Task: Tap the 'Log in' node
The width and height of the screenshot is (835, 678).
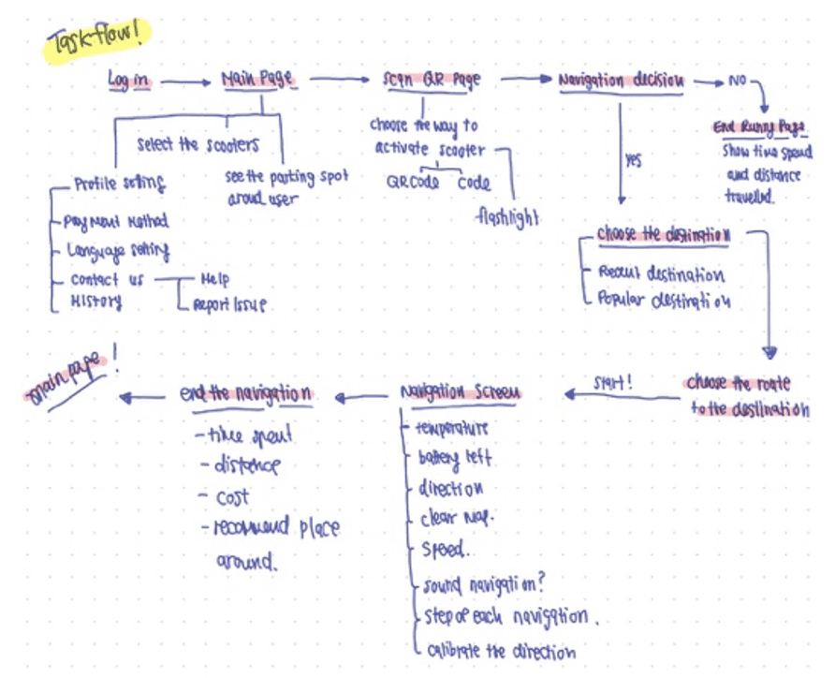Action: (x=128, y=81)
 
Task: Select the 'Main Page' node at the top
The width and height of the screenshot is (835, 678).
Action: (x=258, y=81)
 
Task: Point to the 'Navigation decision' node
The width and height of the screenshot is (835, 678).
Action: (x=621, y=81)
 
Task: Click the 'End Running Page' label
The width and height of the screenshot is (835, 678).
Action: (x=760, y=128)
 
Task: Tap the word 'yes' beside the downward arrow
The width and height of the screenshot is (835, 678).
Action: (x=634, y=160)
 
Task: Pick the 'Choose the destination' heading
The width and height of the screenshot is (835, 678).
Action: (x=664, y=235)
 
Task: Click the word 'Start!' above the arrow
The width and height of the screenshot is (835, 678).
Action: (x=614, y=382)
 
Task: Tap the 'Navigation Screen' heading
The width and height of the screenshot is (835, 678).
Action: (x=460, y=393)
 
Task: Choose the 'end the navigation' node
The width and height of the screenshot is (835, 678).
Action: (x=245, y=394)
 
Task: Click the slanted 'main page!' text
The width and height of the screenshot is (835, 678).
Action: (x=66, y=380)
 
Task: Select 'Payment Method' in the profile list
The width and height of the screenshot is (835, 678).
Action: (x=116, y=222)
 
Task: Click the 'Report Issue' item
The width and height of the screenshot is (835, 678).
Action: (x=229, y=304)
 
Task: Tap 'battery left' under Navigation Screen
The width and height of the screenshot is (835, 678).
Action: (x=456, y=459)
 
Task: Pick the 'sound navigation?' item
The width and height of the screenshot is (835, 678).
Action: (x=483, y=585)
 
